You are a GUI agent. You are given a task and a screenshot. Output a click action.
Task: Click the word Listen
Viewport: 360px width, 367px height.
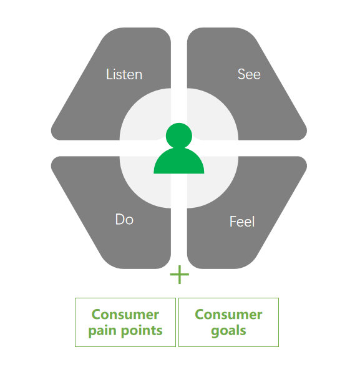124,74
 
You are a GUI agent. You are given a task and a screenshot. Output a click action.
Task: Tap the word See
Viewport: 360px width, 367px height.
249,74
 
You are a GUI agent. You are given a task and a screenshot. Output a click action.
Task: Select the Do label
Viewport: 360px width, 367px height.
124,219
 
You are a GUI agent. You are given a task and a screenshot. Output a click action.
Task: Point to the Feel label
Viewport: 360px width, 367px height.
242,221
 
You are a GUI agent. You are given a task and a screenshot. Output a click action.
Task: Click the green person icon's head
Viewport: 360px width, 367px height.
179,136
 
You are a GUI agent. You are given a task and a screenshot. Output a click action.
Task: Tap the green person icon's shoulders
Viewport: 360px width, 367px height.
179,162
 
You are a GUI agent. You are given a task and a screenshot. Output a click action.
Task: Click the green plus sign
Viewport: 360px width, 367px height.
180,275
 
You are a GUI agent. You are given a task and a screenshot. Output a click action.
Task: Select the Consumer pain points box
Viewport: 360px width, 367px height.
125,322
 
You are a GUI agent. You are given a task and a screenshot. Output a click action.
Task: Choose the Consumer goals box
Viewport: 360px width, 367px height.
229,322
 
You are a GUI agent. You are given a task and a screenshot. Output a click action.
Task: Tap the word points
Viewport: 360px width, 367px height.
142,331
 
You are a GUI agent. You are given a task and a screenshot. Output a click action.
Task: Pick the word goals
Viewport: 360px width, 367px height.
228,331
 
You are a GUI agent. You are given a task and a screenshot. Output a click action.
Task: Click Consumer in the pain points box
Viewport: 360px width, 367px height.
125,315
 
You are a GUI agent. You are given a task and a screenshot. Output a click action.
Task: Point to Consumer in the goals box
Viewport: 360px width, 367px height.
228,315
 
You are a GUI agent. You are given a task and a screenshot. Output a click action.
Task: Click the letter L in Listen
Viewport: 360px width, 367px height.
109,74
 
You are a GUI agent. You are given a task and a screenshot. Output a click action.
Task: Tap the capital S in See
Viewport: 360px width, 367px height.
241,74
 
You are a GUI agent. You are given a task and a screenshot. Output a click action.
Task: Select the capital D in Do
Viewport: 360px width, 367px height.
120,219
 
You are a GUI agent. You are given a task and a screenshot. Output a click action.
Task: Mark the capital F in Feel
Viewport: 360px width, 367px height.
233,222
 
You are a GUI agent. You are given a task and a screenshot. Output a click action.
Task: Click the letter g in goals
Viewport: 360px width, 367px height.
215,332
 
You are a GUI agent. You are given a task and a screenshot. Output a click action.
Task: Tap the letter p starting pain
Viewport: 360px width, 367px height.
93,332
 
